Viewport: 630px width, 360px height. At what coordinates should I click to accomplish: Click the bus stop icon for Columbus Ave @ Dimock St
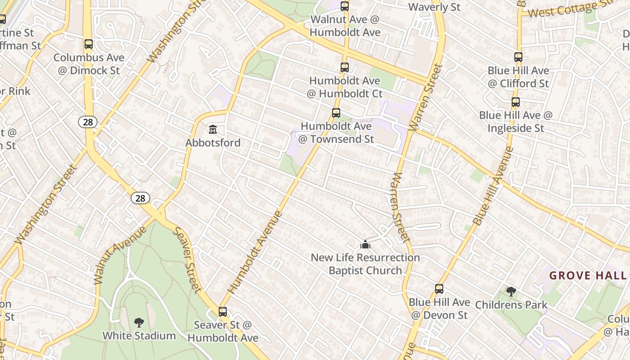89,44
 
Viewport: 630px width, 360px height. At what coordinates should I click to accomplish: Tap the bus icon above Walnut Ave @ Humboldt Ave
345,6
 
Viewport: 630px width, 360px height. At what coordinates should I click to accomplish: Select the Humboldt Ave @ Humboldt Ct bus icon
345,67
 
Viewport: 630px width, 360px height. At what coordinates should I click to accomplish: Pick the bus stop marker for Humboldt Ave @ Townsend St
336,113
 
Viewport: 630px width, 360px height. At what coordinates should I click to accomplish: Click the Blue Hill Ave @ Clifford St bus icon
518,57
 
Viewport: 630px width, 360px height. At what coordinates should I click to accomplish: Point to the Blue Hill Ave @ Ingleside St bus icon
516,102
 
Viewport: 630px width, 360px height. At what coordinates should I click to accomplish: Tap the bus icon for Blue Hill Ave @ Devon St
439,289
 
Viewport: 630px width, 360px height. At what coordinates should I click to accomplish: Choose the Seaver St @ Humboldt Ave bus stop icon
223,311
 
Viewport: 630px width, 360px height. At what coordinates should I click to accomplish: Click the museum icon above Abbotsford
213,130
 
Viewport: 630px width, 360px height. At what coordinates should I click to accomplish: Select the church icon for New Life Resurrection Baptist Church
365,244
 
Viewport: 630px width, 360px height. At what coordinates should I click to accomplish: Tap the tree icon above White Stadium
139,322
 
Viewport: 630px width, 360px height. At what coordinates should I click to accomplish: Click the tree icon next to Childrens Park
511,292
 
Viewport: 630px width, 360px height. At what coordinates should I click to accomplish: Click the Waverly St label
434,7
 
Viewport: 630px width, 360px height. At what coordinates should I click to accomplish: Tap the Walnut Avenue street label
120,255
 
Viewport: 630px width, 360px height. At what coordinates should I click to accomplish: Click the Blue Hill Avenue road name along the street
493,185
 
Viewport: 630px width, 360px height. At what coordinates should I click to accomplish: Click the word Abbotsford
213,143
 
